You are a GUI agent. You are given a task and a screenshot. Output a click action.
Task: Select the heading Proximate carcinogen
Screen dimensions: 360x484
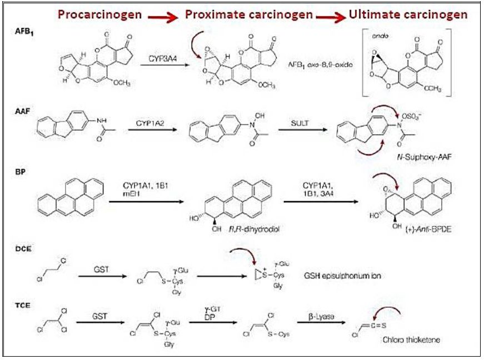249,15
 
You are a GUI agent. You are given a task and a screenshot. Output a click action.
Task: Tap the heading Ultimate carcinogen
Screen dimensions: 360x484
408,14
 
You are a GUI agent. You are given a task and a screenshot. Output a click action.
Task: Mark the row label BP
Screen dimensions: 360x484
21,172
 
